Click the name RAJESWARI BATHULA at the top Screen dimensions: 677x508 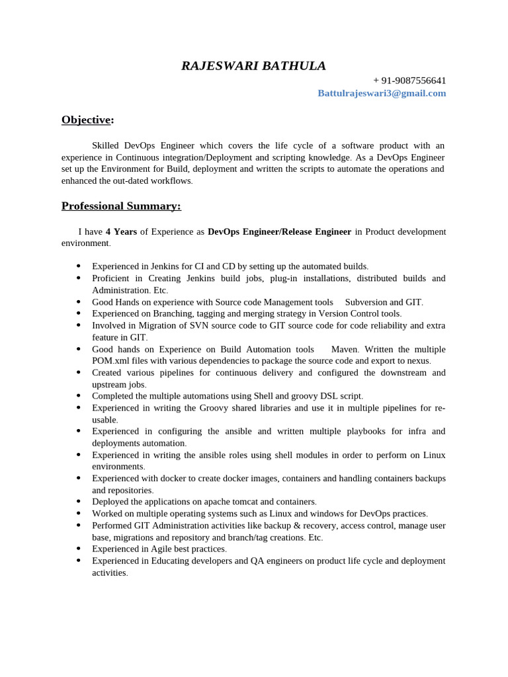click(x=253, y=66)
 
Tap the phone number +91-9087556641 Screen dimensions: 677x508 click(x=409, y=81)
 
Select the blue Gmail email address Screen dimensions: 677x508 click(x=382, y=93)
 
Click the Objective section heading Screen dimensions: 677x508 click(x=87, y=120)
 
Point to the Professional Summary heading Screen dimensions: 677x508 click(x=121, y=206)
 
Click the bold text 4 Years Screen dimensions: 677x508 click(x=121, y=231)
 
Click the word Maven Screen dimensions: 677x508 click(x=345, y=349)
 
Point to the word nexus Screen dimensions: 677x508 click(x=417, y=361)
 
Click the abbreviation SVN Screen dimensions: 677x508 click(x=199, y=325)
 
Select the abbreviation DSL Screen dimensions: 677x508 click(x=325, y=396)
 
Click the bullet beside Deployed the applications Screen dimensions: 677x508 click(x=79, y=501)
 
